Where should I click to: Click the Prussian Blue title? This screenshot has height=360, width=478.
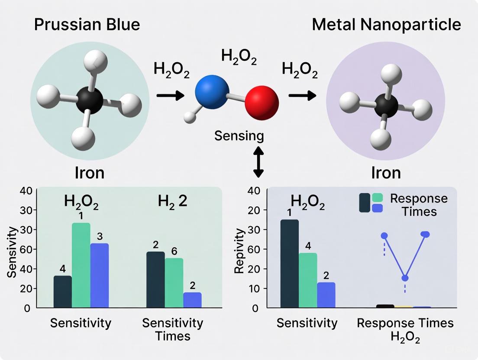pyautogui.click(x=87, y=24)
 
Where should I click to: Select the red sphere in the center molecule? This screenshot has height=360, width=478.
pyautogui.click(x=262, y=102)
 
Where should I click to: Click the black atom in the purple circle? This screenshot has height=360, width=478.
pyautogui.click(x=387, y=105)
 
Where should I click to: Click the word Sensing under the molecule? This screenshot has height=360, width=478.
pyautogui.click(x=239, y=135)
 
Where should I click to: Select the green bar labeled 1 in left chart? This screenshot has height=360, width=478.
pyautogui.click(x=81, y=265)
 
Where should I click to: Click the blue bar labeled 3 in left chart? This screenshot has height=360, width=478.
pyautogui.click(x=100, y=275)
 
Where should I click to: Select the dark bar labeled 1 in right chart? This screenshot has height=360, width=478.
pyautogui.click(x=289, y=264)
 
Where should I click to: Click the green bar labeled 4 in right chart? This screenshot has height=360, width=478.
pyautogui.click(x=308, y=280)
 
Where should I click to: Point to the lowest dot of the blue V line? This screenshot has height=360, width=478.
pyautogui.click(x=405, y=278)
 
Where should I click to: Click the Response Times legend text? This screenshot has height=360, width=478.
pyautogui.click(x=419, y=205)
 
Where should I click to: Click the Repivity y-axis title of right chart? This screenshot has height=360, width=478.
pyautogui.click(x=239, y=251)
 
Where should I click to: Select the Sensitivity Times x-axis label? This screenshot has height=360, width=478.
pyautogui.click(x=173, y=329)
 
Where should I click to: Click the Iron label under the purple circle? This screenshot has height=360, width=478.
pyautogui.click(x=386, y=173)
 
